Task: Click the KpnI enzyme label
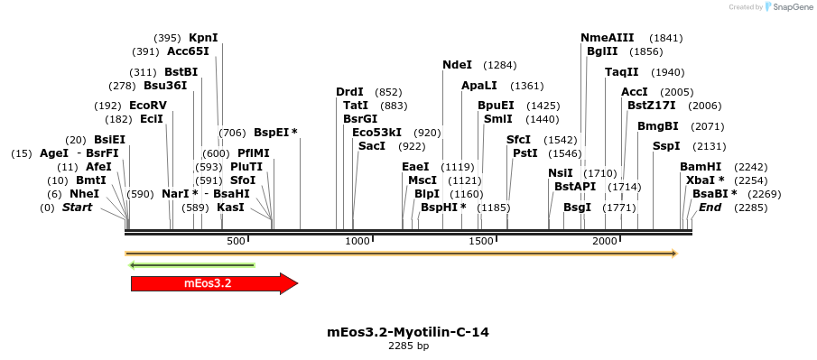[203, 38]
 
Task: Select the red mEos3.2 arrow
[213, 283]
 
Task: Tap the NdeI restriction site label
[457, 65]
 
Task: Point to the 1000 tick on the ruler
[358, 241]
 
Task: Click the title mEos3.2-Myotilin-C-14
[408, 332]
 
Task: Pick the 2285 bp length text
[408, 346]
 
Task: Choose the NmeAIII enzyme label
[607, 38]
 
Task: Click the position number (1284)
[499, 66]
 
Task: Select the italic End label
[710, 208]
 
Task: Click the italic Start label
[77, 208]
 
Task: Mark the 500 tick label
[236, 241]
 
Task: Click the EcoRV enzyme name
[148, 106]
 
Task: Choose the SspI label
[665, 146]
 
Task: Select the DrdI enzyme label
[349, 92]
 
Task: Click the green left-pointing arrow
[192, 265]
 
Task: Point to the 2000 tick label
[605, 241]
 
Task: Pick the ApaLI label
[478, 86]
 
